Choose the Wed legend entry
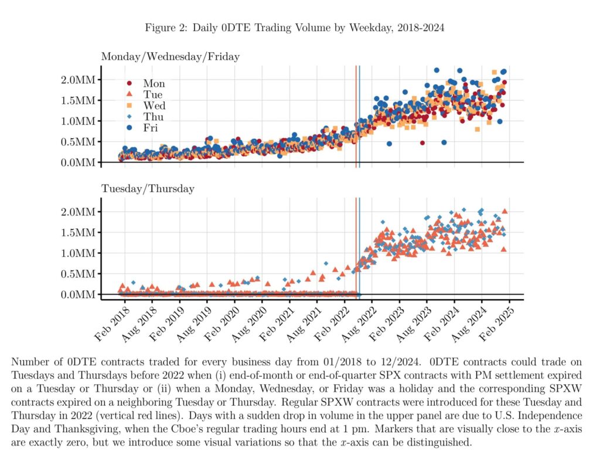pyautogui.click(x=154, y=105)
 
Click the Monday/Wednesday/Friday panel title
pyautogui.click(x=171, y=57)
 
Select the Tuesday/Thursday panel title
pyautogui.click(x=148, y=189)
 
